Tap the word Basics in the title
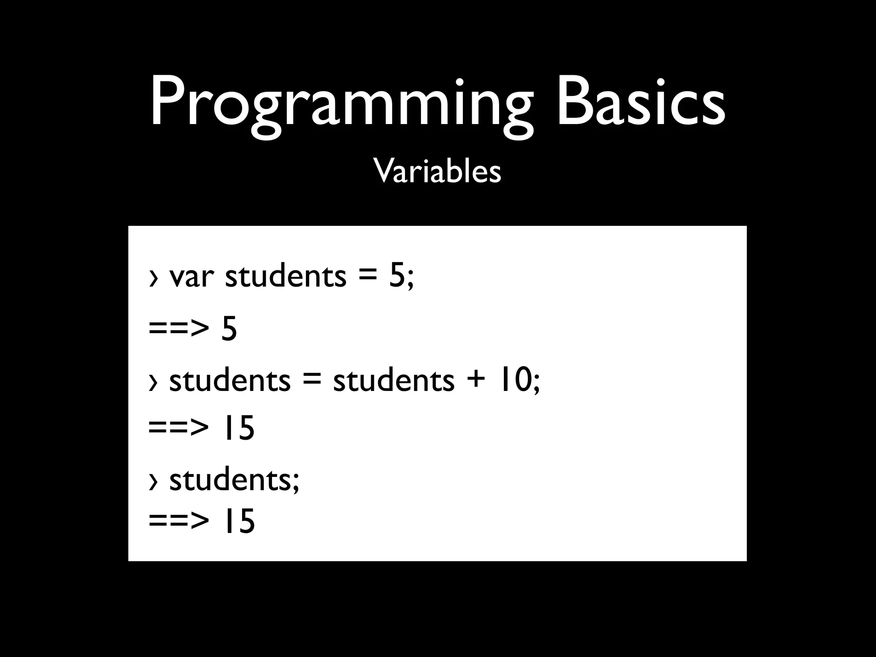(640, 103)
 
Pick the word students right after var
(285, 276)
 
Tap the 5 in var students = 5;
(397, 276)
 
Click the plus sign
(475, 380)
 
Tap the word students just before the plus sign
(394, 380)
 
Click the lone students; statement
(234, 480)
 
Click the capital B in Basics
(574, 103)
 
